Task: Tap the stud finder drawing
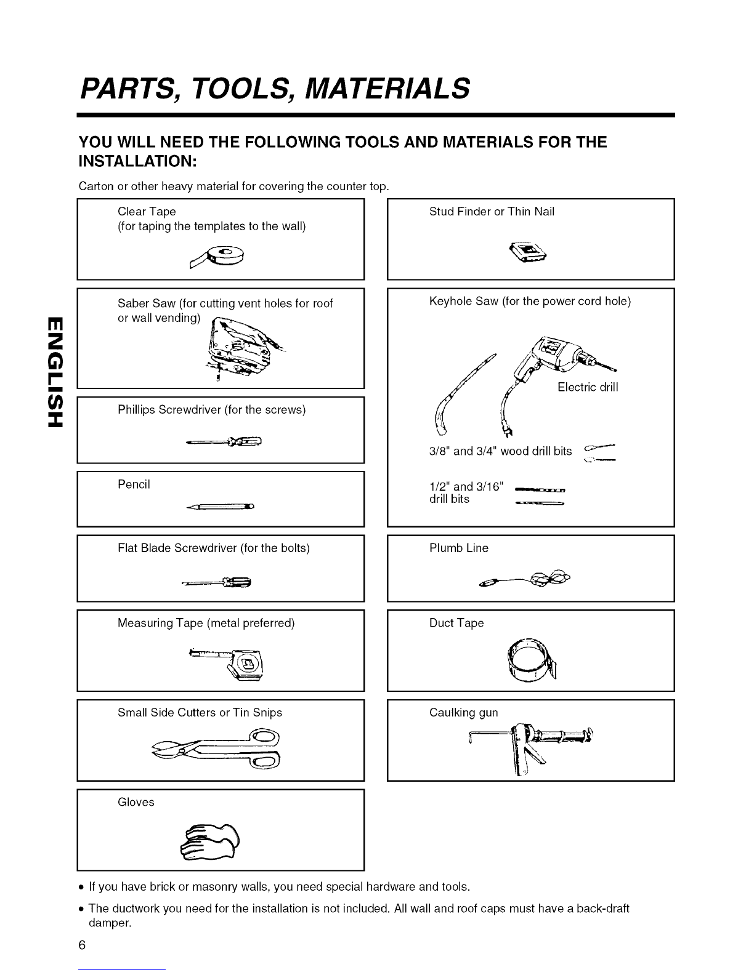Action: pyautogui.click(x=528, y=252)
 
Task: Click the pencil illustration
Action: pyautogui.click(x=220, y=507)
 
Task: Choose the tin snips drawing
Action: pyautogui.click(x=216, y=748)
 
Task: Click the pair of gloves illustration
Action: pyautogui.click(x=209, y=843)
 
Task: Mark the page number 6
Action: pyautogui.click(x=82, y=945)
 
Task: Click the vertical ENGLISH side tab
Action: pyautogui.click(x=55, y=372)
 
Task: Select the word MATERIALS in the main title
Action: pyautogui.click(x=387, y=88)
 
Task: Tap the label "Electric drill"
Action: pyautogui.click(x=588, y=387)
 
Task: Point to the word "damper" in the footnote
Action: pyautogui.click(x=109, y=923)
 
